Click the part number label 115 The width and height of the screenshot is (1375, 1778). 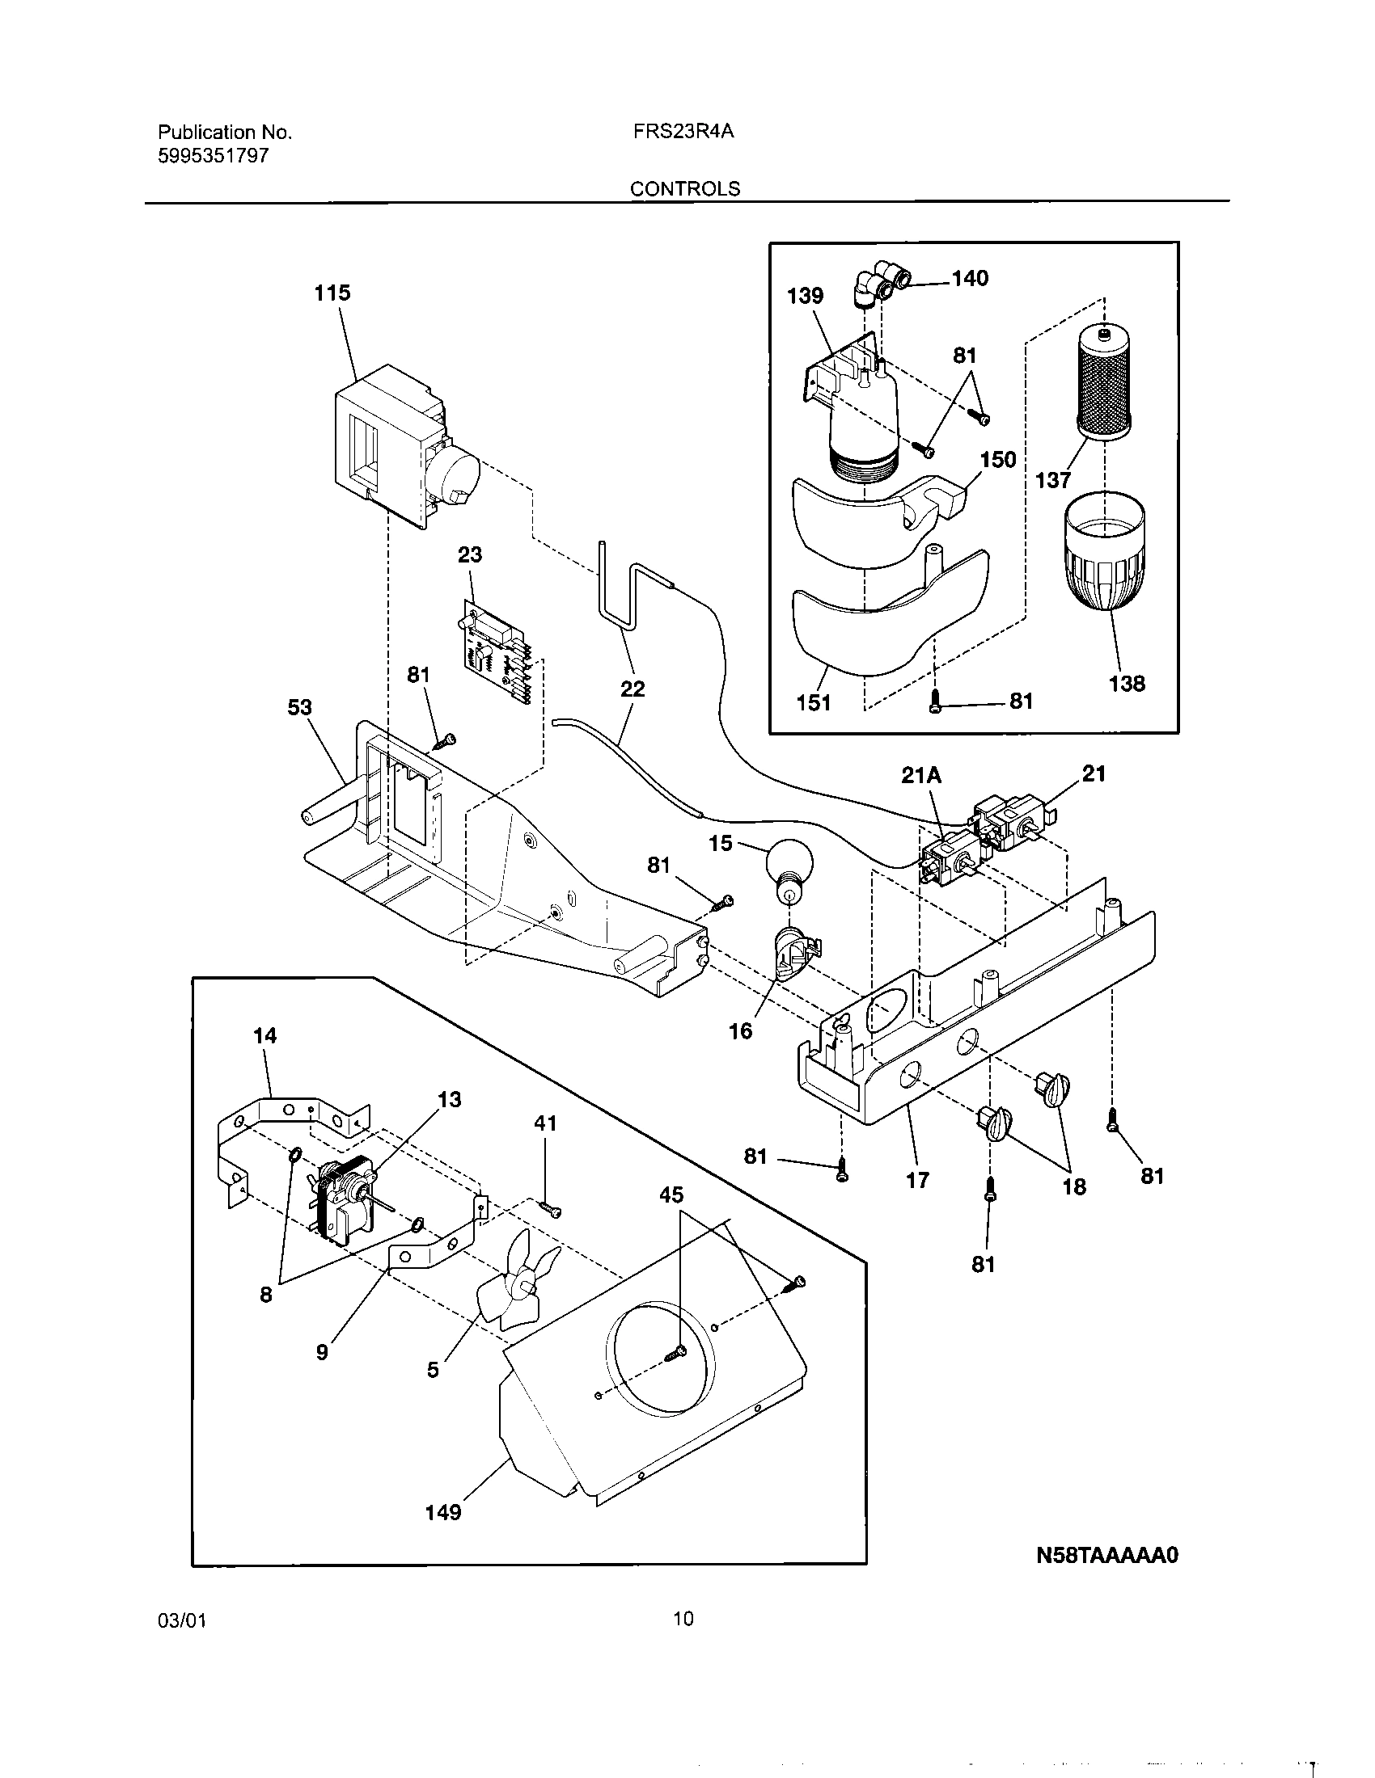(x=332, y=293)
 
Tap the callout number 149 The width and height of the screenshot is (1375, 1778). (x=443, y=1513)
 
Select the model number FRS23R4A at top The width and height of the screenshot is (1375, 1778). (x=683, y=131)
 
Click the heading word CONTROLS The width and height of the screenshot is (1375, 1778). (x=685, y=189)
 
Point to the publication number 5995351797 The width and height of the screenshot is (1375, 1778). (x=213, y=156)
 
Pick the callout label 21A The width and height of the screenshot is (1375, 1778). (x=921, y=776)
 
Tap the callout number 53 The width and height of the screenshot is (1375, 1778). (x=299, y=707)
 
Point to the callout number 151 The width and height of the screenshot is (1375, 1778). (x=813, y=702)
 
